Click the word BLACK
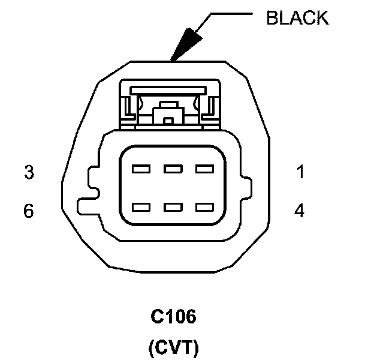tap(297, 18)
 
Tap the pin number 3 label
tap(29, 173)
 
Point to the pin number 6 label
tap(29, 211)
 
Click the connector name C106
tap(173, 317)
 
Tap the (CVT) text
tap(173, 347)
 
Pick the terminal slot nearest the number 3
tap(141, 169)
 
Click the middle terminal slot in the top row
tap(173, 169)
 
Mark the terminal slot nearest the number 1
tap(204, 169)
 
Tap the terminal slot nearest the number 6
tap(141, 208)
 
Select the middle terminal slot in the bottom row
tap(173, 208)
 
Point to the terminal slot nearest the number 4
tap(204, 208)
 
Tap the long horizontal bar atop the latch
tap(168, 89)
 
